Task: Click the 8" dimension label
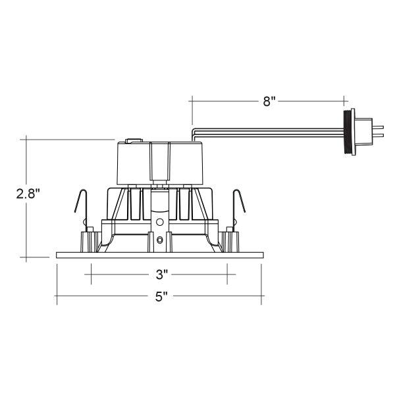(269, 101)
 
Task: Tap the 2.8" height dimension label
(28, 194)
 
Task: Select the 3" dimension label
(161, 275)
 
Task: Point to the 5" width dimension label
(161, 296)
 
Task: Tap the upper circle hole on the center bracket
(159, 223)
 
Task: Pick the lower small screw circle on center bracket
(160, 240)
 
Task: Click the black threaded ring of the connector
(348, 132)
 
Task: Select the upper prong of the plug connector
(378, 128)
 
